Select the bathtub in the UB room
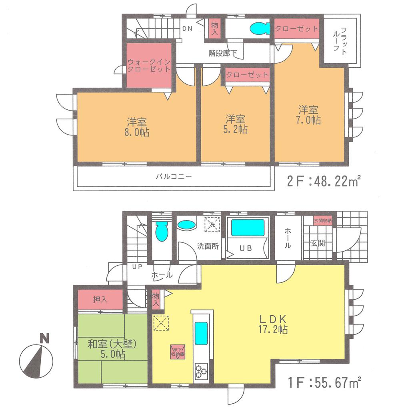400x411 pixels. click(x=248, y=228)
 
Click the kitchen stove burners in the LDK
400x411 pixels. click(x=201, y=371)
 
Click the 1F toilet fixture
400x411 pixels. click(x=161, y=231)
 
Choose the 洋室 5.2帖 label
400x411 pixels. click(x=236, y=124)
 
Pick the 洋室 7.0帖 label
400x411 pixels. click(x=309, y=115)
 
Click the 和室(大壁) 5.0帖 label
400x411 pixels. click(x=112, y=349)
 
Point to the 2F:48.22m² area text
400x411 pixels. click(x=324, y=182)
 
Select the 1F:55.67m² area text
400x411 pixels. click(x=324, y=383)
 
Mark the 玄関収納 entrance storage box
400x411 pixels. click(x=322, y=221)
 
